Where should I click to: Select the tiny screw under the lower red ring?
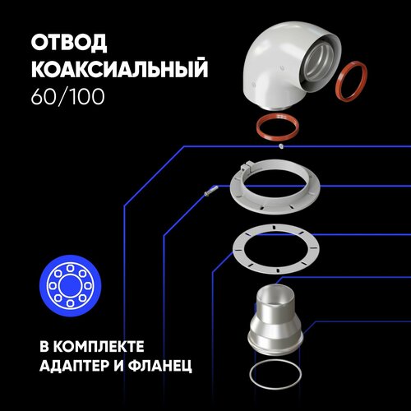281,148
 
